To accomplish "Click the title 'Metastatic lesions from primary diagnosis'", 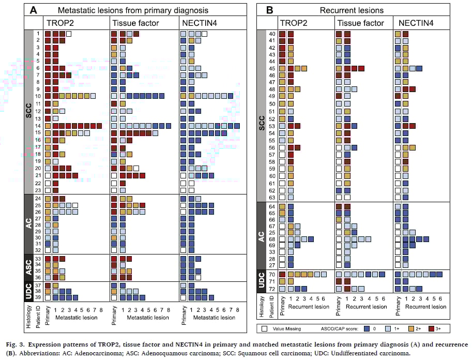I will [x=133, y=10].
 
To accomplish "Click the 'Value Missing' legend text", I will [x=287, y=328].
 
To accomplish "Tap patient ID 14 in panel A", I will [x=37, y=125].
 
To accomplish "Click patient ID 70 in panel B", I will [x=272, y=275].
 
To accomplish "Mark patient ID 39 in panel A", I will [x=37, y=297].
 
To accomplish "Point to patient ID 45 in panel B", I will [x=272, y=68].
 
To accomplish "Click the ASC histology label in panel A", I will [x=29, y=267].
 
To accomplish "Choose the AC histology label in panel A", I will [x=29, y=223].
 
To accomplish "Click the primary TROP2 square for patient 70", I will [x=282, y=275].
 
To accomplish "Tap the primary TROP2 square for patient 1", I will [x=48, y=34].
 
